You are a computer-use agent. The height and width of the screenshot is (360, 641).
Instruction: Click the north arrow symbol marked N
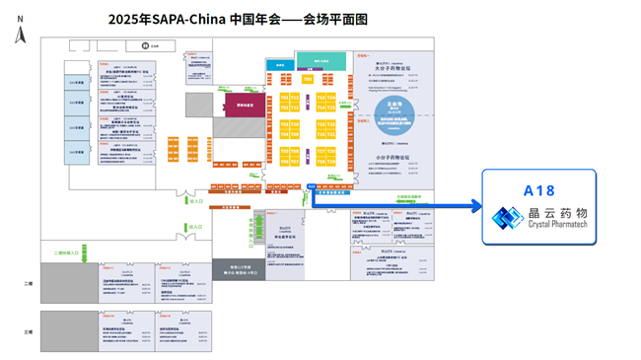[x=21, y=35]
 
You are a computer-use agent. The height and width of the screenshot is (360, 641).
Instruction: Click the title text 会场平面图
[x=335, y=19]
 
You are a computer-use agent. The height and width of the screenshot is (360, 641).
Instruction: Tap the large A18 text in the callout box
[x=539, y=190]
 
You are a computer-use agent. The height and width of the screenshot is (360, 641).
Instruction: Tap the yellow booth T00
[x=308, y=79]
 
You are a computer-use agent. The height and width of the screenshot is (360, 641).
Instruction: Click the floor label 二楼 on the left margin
[x=28, y=283]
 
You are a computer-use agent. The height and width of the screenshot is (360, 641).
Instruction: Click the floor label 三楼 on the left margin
[x=28, y=332]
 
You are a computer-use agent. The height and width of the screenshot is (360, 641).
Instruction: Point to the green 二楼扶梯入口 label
[x=68, y=253]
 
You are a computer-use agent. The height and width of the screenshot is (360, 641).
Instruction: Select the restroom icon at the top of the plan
[x=145, y=45]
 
